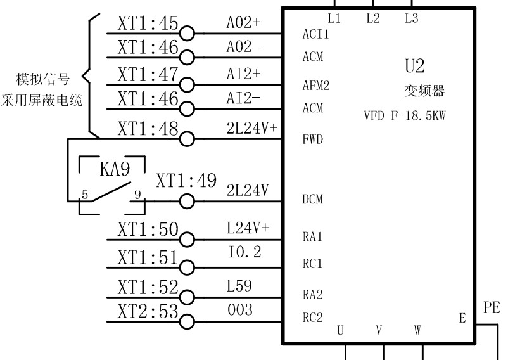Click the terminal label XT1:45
point(148,23)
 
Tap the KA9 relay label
point(114,169)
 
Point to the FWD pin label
point(313,139)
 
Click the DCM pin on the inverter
point(313,200)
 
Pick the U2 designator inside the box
point(415,66)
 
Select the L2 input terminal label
point(373,19)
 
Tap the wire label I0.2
point(244,252)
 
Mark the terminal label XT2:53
point(148,311)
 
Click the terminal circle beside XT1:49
point(187,201)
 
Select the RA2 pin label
point(313,294)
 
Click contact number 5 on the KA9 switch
point(84,195)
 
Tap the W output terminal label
point(417,330)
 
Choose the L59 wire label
point(239,287)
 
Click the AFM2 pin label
point(316,86)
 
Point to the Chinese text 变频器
point(424,91)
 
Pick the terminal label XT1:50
point(148,229)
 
